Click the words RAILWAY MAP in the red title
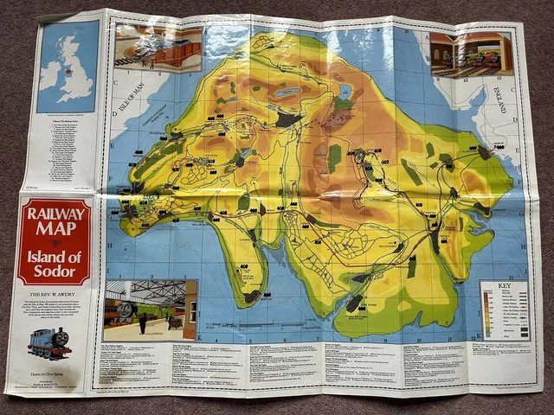[x=53, y=222]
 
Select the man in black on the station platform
[x=142, y=323]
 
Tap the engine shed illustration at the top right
[x=471, y=54]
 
